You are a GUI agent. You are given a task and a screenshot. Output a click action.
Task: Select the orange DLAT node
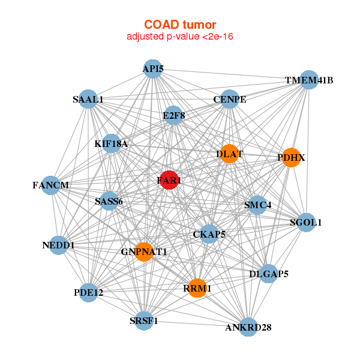coord(229,154)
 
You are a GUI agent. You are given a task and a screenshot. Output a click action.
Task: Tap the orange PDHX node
coord(291,157)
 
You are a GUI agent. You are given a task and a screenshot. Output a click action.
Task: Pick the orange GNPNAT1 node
coord(144,251)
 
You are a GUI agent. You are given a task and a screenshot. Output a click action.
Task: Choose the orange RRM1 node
coord(197,288)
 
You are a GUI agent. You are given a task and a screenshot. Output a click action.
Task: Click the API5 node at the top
coord(152,68)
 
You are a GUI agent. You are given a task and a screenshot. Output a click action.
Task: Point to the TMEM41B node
coord(308,80)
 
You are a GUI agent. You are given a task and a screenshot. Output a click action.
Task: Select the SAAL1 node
coord(88,99)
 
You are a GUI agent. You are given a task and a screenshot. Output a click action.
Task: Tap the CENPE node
coord(230,99)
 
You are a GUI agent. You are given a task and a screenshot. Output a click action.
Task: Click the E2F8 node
coord(173,115)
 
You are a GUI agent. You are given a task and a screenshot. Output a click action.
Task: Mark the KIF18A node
coord(111,143)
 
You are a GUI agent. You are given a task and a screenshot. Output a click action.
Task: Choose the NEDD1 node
coord(58,245)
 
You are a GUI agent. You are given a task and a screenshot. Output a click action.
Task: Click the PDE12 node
coord(88,292)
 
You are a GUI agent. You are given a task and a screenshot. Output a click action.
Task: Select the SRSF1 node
coord(144,320)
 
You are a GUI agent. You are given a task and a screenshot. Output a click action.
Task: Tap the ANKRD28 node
coord(248,327)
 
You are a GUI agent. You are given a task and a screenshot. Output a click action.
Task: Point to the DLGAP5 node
coord(268,274)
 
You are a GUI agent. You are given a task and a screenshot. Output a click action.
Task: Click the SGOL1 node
coord(306,222)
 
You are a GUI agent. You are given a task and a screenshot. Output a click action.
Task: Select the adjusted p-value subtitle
coord(180,37)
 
